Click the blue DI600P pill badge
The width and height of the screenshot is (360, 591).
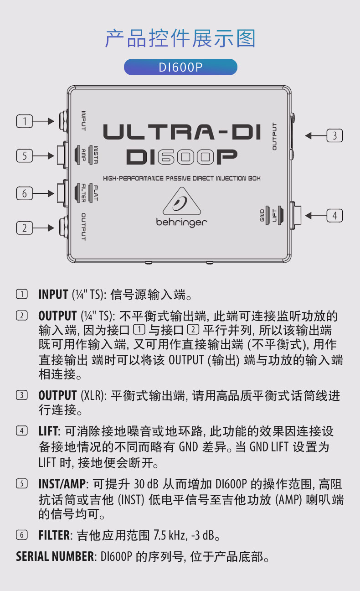point(180,67)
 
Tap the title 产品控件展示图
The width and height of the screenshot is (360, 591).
point(180,38)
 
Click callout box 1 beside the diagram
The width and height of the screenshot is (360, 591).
point(25,121)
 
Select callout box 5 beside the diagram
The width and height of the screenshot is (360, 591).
point(25,156)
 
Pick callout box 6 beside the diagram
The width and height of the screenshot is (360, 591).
point(25,193)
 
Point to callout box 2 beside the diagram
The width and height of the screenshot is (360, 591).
point(25,228)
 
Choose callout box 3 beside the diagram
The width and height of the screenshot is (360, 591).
point(334,135)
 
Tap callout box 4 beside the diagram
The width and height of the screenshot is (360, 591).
point(334,216)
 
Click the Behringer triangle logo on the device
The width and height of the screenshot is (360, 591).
point(182,201)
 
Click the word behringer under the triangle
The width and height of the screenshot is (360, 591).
point(182,223)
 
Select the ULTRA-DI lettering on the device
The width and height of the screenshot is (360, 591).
point(182,132)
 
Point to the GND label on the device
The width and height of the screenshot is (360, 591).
point(262,216)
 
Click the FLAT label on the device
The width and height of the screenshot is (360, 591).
point(96,193)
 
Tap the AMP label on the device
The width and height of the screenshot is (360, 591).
point(83,155)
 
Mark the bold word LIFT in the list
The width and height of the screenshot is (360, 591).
point(48,431)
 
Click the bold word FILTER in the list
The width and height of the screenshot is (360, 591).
point(54,535)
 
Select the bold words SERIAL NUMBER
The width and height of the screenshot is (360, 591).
point(55,556)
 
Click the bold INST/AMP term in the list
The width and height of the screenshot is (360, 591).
point(62,484)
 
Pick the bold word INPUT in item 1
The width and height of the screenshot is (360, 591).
point(53,295)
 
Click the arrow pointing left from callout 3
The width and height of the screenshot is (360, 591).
point(316,135)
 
